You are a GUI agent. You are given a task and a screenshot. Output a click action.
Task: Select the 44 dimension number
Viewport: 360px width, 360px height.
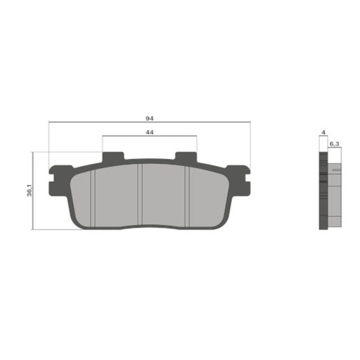(150, 131)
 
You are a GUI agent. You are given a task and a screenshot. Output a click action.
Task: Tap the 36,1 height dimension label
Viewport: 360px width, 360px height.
(29, 191)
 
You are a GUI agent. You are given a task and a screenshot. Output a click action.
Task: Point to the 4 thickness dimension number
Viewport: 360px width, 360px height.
(323, 132)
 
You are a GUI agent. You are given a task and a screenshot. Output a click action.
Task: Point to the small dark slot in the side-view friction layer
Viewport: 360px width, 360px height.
(336, 170)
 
